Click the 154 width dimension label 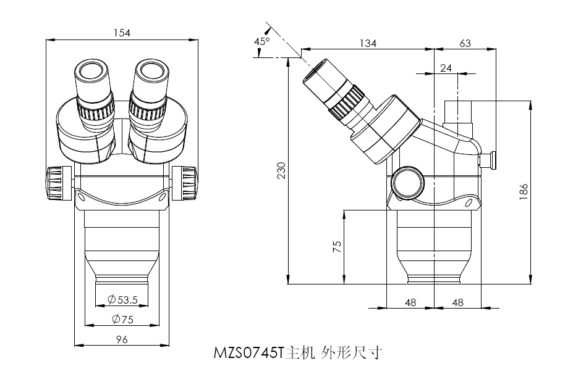(x=122, y=33)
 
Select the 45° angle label (x=263, y=41)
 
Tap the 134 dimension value (x=368, y=43)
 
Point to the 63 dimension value (x=465, y=43)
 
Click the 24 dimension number (x=446, y=67)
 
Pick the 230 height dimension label (x=281, y=171)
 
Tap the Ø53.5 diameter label (x=122, y=300)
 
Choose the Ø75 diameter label (x=122, y=319)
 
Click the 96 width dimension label (x=122, y=339)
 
